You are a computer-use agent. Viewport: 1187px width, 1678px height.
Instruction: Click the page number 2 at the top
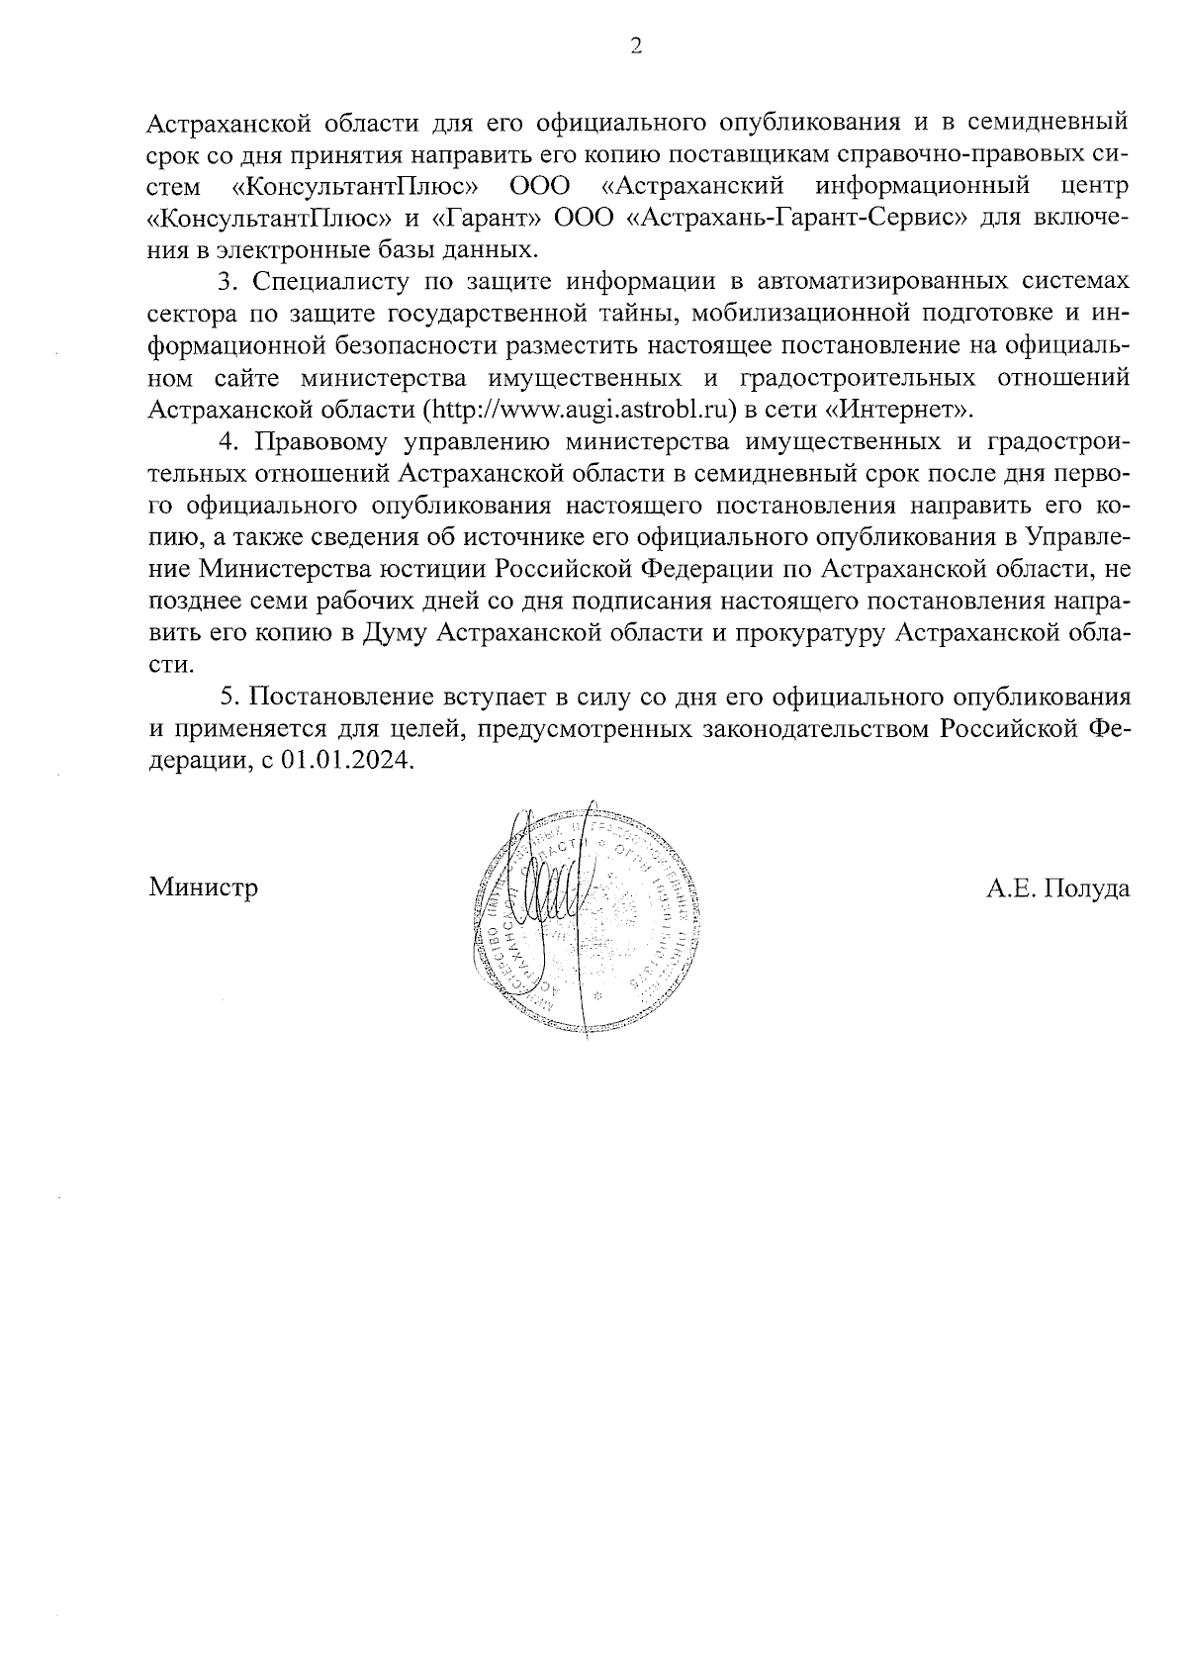click(x=636, y=47)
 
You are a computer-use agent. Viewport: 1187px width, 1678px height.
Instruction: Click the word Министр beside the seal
click(x=204, y=887)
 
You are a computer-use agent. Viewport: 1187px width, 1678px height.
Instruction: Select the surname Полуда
click(x=1086, y=887)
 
